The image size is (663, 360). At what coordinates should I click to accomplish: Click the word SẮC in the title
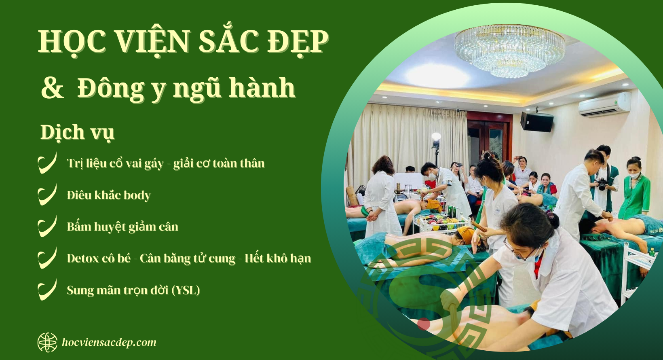(228, 42)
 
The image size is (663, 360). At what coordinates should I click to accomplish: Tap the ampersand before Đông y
(53, 88)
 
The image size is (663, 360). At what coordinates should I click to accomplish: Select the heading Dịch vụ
(77, 133)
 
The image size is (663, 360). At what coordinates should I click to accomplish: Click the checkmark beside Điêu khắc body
(47, 195)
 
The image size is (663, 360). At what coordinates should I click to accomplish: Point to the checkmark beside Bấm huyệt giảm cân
(47, 227)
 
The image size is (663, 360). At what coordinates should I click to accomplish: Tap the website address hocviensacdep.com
(109, 342)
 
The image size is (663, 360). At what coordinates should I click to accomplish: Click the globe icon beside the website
(47, 342)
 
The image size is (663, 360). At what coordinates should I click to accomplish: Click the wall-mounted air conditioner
(604, 104)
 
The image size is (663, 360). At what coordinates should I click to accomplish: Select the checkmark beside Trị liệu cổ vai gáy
(47, 163)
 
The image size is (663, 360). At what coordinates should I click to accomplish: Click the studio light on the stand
(436, 138)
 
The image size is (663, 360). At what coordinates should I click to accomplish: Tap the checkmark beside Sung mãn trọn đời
(47, 290)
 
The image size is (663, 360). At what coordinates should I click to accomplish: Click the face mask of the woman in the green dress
(633, 176)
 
